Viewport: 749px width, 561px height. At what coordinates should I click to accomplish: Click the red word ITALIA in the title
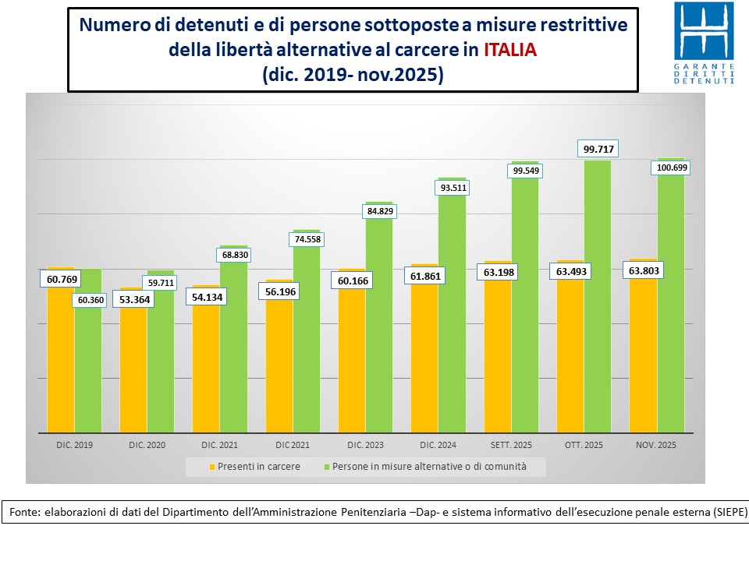click(510, 50)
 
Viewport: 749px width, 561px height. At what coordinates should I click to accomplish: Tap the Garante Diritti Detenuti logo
click(704, 44)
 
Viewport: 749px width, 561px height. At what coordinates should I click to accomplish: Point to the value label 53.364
click(135, 300)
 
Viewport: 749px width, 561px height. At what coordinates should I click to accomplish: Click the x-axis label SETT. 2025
click(511, 446)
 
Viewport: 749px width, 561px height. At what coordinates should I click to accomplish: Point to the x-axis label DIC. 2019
click(74, 446)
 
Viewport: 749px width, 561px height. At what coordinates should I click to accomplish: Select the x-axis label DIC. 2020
click(147, 446)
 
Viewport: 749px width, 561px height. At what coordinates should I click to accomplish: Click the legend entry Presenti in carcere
click(257, 467)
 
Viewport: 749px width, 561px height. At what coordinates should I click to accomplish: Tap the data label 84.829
click(378, 210)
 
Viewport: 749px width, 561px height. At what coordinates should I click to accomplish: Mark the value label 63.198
click(498, 272)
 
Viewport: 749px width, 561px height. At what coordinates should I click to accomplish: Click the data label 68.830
click(233, 255)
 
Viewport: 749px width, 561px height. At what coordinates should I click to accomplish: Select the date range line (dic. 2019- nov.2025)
click(353, 75)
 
